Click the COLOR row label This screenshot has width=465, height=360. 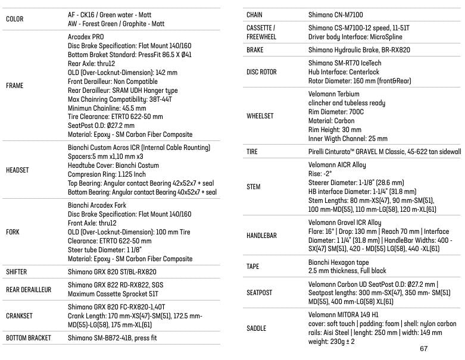pyautogui.click(x=15, y=19)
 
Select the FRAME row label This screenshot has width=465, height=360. pyautogui.click(x=15, y=86)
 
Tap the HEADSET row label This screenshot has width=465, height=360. pyautogui.click(x=17, y=170)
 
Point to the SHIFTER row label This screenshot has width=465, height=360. pyautogui.click(x=17, y=272)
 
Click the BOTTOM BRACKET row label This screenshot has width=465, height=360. pyautogui.click(x=28, y=338)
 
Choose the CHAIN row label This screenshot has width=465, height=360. pyautogui.click(x=254, y=14)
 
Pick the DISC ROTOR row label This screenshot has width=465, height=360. pyautogui.click(x=261, y=72)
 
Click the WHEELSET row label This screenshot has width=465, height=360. pyautogui.click(x=260, y=116)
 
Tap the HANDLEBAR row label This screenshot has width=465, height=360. pyautogui.click(x=261, y=236)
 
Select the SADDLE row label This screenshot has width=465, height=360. pyautogui.click(x=257, y=328)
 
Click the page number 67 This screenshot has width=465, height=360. pyautogui.click(x=424, y=349)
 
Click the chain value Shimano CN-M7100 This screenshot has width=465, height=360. pyautogui.click(x=336, y=14)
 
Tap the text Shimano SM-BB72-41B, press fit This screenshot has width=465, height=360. pyautogui.click(x=113, y=338)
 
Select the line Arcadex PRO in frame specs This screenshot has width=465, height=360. pyautogui.click(x=86, y=36)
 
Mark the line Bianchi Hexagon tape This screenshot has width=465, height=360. pyautogui.click(x=339, y=262)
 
